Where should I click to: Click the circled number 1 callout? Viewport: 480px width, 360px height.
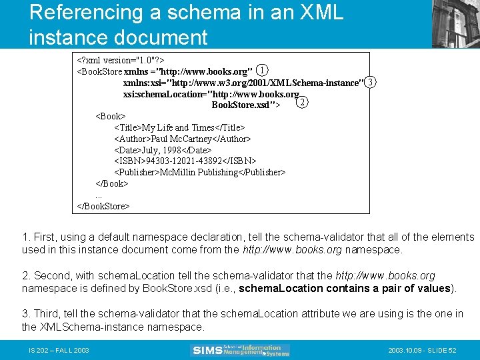pos(263,70)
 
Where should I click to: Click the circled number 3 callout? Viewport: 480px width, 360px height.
pos(371,81)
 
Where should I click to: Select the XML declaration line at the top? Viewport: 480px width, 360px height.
pos(121,59)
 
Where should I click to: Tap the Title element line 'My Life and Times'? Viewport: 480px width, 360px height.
pos(180,127)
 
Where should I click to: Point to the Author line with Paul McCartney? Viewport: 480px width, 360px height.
pos(183,139)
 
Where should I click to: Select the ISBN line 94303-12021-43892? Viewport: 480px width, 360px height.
pos(185,161)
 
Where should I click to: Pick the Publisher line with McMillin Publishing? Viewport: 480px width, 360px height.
pos(200,173)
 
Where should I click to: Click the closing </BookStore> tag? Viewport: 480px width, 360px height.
pos(104,206)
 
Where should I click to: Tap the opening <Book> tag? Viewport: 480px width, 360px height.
pos(111,116)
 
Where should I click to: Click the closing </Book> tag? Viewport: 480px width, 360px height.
pos(112,183)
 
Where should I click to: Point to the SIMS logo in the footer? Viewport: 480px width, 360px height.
pos(241,350)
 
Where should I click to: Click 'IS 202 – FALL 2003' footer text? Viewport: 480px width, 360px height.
pos(59,351)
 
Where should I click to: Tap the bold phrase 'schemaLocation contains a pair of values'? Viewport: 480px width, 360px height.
pos(345,289)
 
